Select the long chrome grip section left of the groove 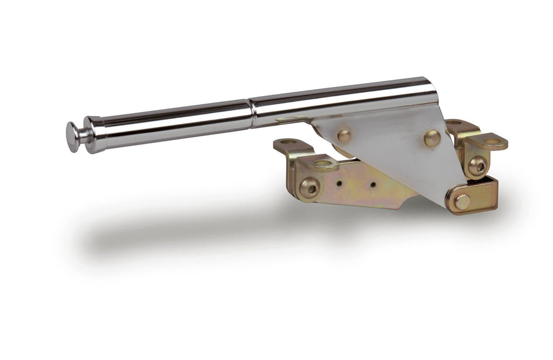[x=173, y=123]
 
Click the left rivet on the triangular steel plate [x=343, y=135]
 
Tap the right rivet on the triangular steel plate [x=432, y=138]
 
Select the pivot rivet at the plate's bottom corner [x=462, y=201]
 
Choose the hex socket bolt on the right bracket [x=477, y=166]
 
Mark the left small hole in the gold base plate [x=339, y=183]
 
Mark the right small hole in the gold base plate [x=373, y=185]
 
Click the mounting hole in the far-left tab [x=288, y=142]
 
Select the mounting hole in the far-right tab [x=492, y=141]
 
